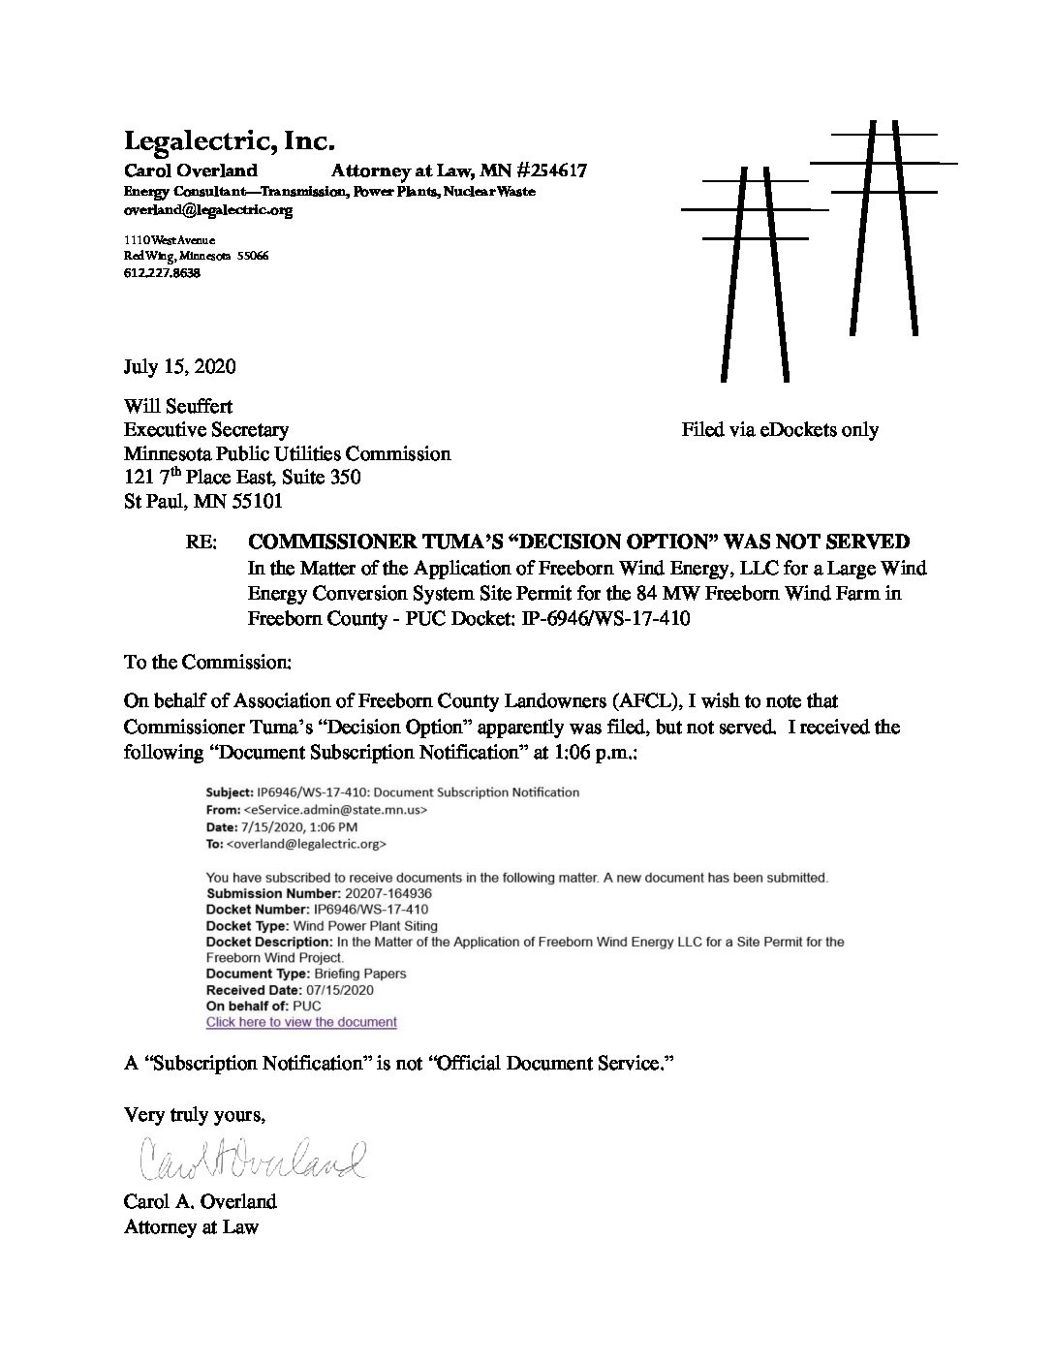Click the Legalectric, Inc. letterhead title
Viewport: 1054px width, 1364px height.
(229, 141)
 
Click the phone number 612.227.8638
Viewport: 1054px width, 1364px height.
(162, 273)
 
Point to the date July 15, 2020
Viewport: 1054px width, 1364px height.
(179, 367)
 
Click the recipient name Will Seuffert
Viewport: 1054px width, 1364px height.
(177, 406)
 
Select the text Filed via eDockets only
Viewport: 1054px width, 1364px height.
(779, 429)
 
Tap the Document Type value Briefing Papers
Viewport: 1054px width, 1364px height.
(360, 973)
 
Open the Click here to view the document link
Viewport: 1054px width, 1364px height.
(301, 1022)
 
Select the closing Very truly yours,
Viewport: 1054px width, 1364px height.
(194, 1115)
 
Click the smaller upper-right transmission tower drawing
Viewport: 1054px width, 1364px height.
(883, 228)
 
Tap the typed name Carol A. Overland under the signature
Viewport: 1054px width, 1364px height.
(200, 1202)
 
